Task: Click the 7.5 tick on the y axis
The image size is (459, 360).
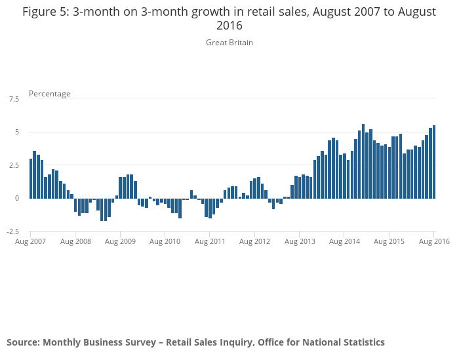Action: [13, 99]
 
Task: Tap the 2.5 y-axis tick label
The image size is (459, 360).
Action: [13, 165]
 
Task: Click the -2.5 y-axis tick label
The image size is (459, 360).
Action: [12, 231]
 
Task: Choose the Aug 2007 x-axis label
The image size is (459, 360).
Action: [31, 241]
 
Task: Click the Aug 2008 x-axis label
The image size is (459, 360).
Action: [75, 241]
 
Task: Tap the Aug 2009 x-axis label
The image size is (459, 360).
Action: [120, 241]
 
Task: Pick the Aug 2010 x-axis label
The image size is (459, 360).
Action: [165, 241]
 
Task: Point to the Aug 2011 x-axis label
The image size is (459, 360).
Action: [210, 241]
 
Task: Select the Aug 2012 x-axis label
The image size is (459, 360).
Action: [254, 241]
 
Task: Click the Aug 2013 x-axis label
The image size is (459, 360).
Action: [299, 241]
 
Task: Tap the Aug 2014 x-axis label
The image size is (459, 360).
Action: [344, 241]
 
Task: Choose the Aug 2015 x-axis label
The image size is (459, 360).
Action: [389, 241]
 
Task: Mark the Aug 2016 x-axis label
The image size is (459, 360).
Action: [433, 241]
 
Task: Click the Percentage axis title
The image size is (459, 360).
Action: [50, 94]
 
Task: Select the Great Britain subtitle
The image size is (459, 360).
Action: [229, 43]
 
